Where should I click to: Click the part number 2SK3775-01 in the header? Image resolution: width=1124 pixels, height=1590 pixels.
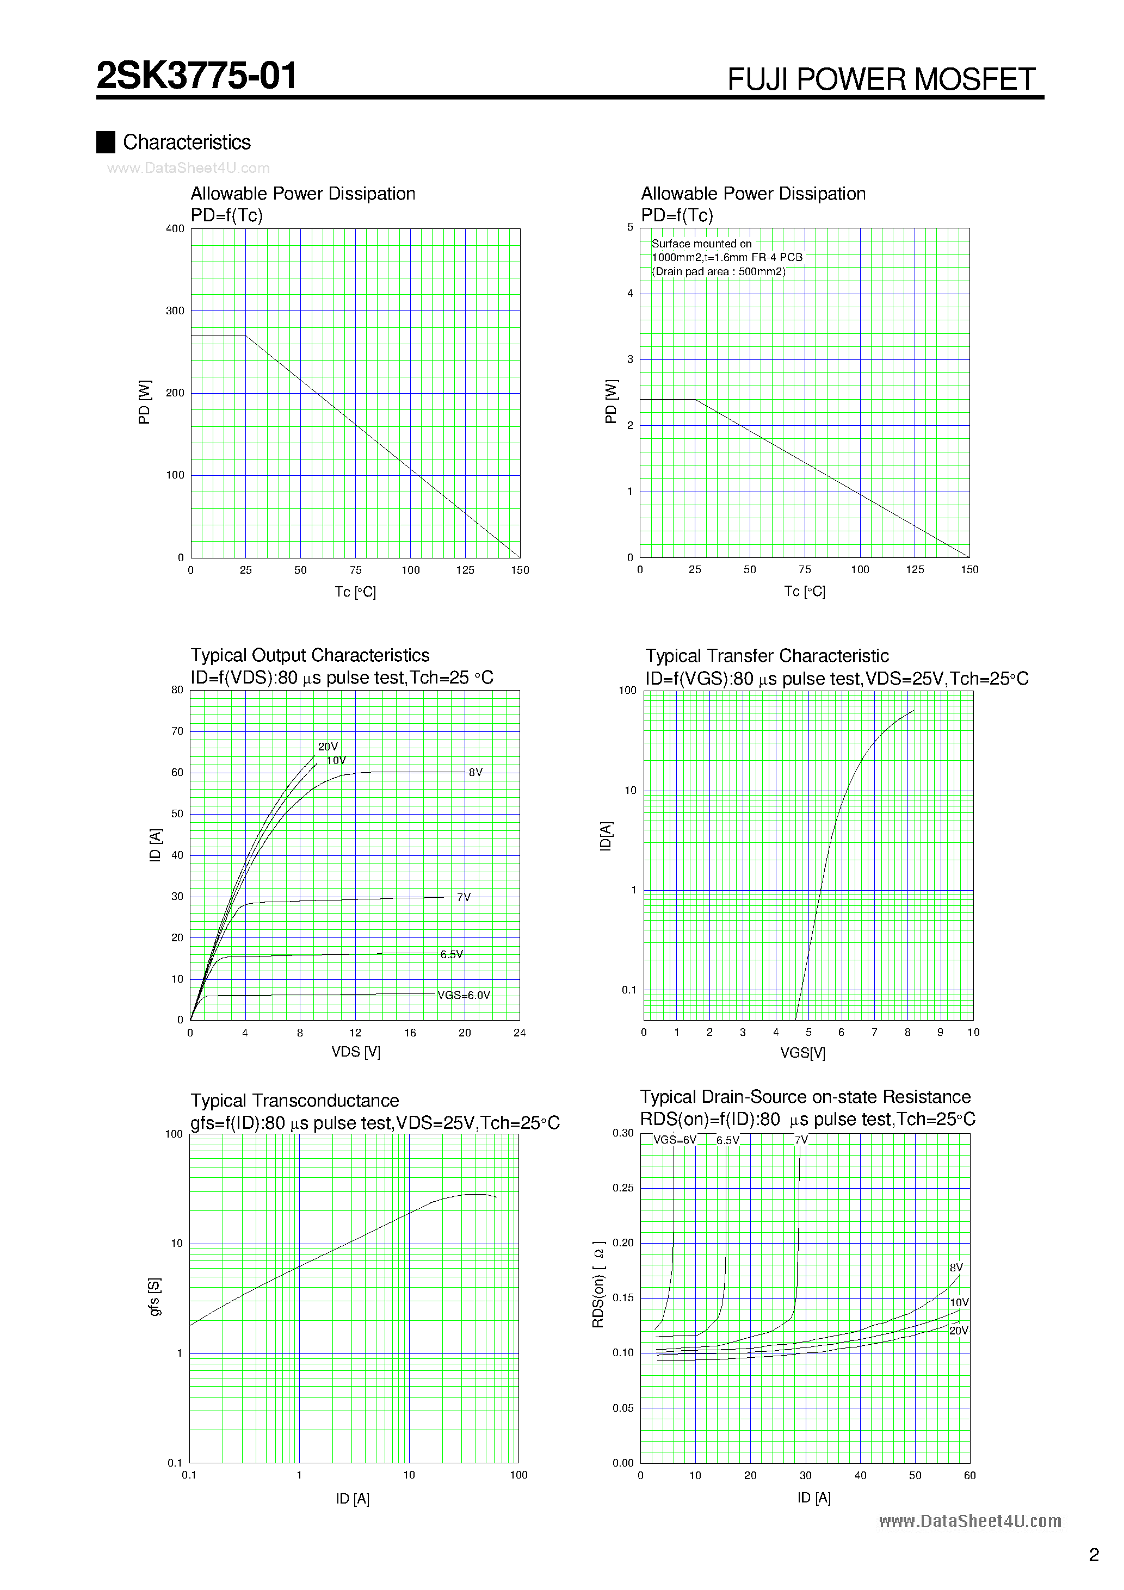[x=197, y=76]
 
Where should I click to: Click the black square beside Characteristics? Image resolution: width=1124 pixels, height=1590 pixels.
[x=106, y=142]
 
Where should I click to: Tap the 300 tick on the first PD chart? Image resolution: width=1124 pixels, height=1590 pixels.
[x=175, y=311]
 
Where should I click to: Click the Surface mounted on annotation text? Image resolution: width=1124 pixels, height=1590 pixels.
[x=701, y=244]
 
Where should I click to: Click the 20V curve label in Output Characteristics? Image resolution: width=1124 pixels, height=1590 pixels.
[x=328, y=747]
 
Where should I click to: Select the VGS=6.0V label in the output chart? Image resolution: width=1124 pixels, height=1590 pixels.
[x=464, y=995]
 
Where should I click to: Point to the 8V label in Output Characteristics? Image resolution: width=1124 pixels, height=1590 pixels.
[x=475, y=772]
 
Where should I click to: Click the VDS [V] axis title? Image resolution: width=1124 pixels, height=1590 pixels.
[x=355, y=1052]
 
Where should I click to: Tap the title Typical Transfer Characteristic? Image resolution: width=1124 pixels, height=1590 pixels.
[x=767, y=656]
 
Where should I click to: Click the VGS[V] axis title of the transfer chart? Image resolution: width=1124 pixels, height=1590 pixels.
[x=802, y=1053]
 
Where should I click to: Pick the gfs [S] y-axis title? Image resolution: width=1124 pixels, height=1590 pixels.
[x=155, y=1296]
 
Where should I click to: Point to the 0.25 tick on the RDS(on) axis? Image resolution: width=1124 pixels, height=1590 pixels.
[x=623, y=1188]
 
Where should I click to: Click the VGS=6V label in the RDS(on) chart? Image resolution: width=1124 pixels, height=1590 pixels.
[x=674, y=1140]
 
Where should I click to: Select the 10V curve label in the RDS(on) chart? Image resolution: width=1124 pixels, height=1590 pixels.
[x=959, y=1302]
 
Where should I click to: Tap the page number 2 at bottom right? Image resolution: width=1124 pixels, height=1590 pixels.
[x=1094, y=1555]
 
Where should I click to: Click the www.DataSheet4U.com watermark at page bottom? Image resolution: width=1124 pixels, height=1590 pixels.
[x=969, y=1521]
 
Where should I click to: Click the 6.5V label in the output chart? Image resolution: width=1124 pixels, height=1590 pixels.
[x=451, y=954]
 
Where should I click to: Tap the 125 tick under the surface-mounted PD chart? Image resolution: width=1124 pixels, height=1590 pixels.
[x=915, y=569]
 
